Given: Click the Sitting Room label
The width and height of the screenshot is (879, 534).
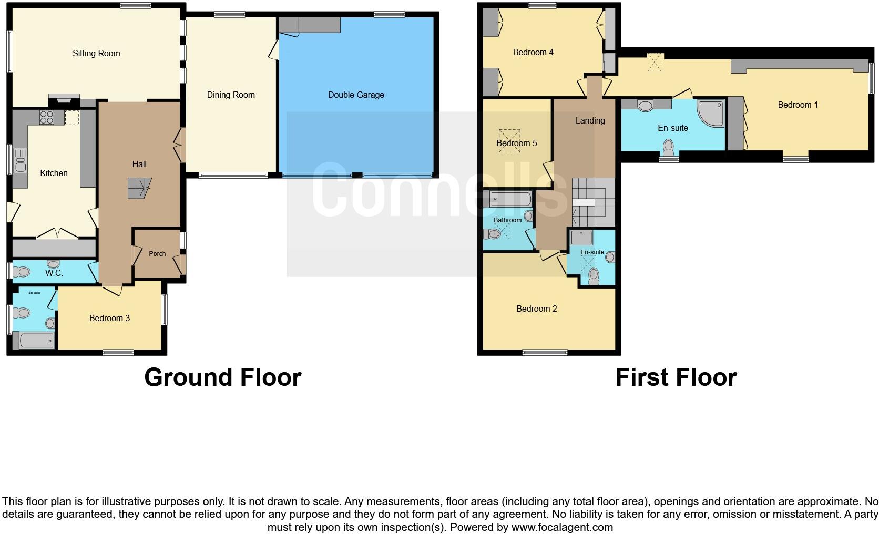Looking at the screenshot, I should (96, 53).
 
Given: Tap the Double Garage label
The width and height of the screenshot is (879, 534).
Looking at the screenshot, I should (356, 95).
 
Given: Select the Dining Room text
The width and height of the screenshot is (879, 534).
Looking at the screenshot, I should (231, 95).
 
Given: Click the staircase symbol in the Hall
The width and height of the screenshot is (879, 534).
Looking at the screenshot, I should (139, 188).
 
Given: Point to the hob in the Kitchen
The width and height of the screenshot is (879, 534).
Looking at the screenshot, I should (47, 117).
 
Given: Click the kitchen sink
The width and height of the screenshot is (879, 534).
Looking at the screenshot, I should (21, 160).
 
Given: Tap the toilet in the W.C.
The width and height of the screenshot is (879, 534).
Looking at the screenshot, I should (23, 272).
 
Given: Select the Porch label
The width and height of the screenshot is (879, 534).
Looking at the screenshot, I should (157, 253).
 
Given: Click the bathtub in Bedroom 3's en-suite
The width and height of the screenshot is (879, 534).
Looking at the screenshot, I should (36, 341).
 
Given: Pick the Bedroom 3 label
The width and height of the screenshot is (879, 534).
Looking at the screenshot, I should (109, 318).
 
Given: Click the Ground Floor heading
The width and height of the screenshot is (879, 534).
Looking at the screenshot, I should (222, 377).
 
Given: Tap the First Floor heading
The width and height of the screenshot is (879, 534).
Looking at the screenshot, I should (676, 377).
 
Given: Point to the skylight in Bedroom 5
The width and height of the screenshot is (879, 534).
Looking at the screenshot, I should (508, 142).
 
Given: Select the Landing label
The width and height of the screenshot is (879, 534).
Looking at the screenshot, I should (590, 120).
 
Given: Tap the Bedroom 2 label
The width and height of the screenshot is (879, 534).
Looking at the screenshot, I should (536, 309).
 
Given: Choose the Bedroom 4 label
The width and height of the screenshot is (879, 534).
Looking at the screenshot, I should (533, 52).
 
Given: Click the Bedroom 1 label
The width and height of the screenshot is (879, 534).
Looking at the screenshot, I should (798, 105).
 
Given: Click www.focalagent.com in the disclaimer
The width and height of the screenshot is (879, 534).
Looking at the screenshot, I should (562, 527).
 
